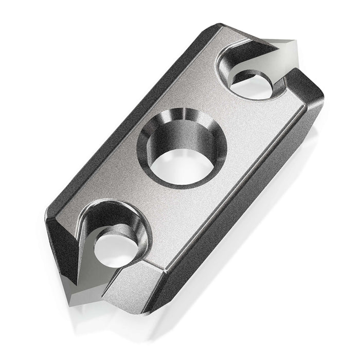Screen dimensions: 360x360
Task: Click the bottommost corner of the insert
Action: tap(147, 312)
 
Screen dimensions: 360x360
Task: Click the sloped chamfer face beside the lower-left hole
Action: tap(129, 283)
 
